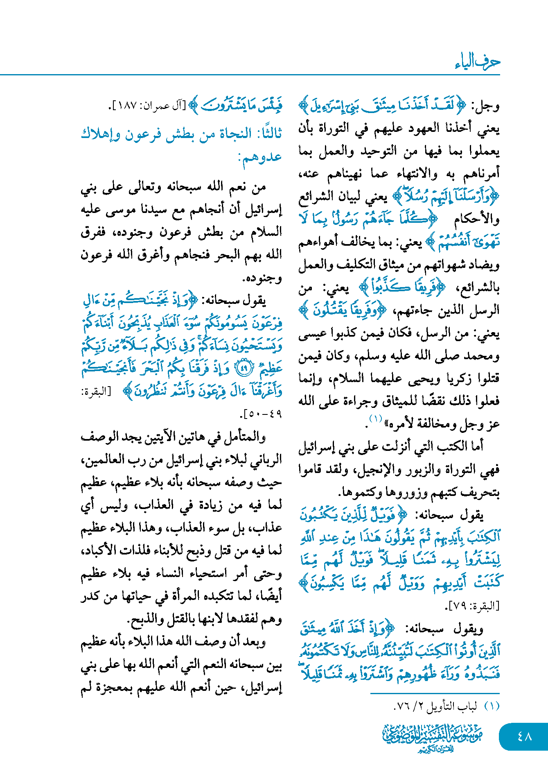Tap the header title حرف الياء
pyautogui.click(x=477, y=61)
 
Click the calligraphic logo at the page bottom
pyautogui.click(x=433, y=738)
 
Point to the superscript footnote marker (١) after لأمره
pyautogui.click(x=375, y=419)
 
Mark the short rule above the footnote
pyautogui.click(x=435, y=693)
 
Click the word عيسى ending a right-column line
pyautogui.click(x=313, y=334)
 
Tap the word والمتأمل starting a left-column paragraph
pyautogui.click(x=245, y=437)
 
